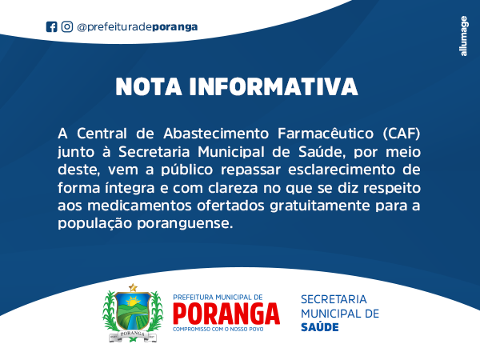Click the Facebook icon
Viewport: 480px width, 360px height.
(51, 27)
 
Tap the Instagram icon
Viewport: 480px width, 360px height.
(67, 26)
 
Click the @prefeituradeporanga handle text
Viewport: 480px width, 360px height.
(138, 27)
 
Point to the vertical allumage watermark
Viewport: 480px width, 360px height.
(464, 36)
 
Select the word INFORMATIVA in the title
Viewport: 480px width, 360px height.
(274, 87)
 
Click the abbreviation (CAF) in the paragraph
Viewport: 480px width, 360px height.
(402, 134)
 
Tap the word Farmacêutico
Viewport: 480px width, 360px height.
(326, 134)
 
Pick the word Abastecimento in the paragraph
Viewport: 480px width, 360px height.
(216, 134)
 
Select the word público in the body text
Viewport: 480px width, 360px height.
(187, 170)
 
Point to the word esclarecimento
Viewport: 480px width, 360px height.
(342, 170)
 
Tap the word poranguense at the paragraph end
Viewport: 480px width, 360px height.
(185, 224)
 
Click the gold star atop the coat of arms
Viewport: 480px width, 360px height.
(133, 287)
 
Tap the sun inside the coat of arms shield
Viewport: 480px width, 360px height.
(133, 302)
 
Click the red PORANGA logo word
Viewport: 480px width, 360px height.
(226, 314)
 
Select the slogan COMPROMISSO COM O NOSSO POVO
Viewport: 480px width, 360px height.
(218, 330)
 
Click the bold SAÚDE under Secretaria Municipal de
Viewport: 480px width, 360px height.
(320, 327)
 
